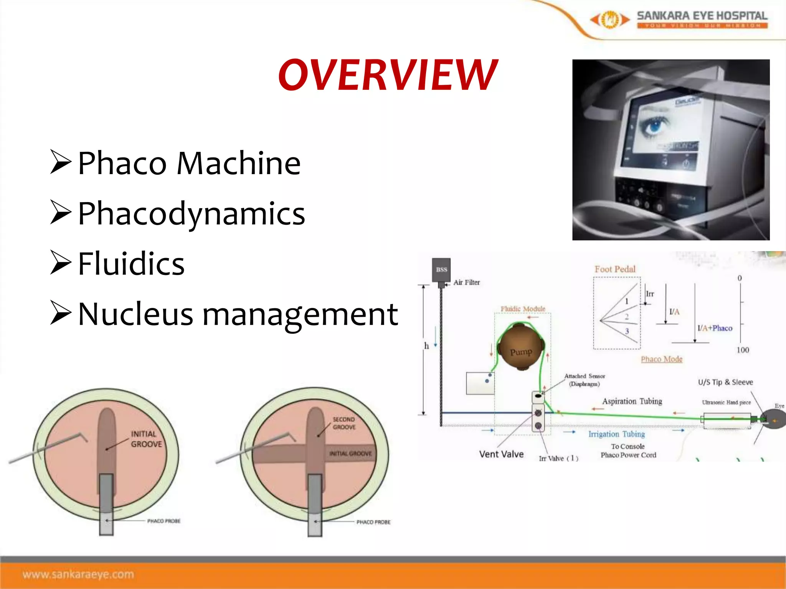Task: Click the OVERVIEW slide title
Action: click(388, 75)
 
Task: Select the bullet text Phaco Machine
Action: click(189, 163)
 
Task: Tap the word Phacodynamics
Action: click(191, 214)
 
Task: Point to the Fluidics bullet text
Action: click(131, 264)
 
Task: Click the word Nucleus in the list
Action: click(135, 314)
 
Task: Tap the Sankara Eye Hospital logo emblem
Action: click(610, 20)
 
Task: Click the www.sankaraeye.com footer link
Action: click(78, 574)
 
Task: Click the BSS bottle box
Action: click(441, 270)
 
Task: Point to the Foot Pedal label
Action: click(615, 269)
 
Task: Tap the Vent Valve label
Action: click(501, 454)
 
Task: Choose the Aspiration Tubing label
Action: click(632, 401)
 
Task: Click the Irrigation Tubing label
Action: click(616, 434)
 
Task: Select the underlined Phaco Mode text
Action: click(662, 359)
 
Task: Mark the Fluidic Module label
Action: click(523, 309)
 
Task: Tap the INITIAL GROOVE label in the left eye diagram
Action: click(147, 439)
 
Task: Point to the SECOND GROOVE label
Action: click(344, 423)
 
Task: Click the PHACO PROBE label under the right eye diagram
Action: click(373, 522)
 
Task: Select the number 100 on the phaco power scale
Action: click(743, 350)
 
